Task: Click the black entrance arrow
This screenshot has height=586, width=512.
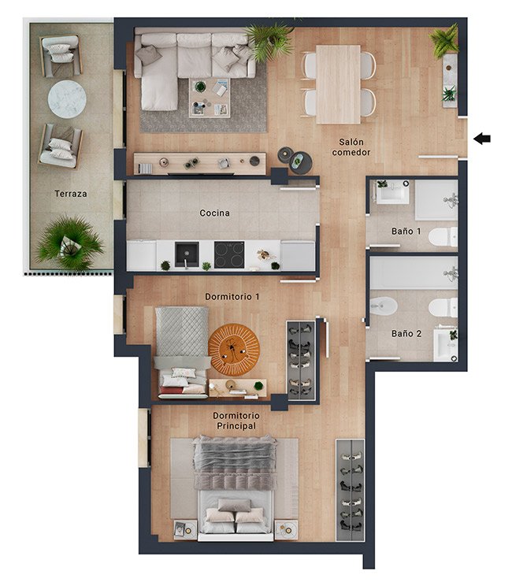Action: click(x=482, y=139)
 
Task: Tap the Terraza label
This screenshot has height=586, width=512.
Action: click(x=71, y=194)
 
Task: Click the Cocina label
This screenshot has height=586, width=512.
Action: click(x=214, y=213)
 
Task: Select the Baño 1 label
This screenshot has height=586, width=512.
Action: click(x=406, y=232)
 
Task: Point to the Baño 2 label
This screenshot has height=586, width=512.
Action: click(x=406, y=333)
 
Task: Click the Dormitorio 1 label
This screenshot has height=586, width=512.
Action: click(x=232, y=297)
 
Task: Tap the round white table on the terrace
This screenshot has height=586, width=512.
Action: click(x=67, y=99)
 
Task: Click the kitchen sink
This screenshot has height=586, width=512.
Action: click(x=187, y=254)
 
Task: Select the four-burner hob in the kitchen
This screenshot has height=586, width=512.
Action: click(x=229, y=254)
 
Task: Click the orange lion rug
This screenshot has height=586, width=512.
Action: click(x=234, y=350)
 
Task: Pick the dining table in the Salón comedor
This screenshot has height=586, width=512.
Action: click(x=338, y=84)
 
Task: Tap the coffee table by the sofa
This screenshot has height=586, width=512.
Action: click(x=210, y=98)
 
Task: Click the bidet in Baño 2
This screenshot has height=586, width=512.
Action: click(x=383, y=306)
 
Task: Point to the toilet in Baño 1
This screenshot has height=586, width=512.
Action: click(x=443, y=237)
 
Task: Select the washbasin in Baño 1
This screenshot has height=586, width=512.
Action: click(x=392, y=192)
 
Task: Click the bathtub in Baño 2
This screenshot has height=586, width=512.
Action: click(x=414, y=273)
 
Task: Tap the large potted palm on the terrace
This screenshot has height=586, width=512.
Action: click(x=69, y=243)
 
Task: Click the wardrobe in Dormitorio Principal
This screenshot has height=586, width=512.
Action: click(x=351, y=490)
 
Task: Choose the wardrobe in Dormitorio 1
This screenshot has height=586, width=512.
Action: click(x=301, y=360)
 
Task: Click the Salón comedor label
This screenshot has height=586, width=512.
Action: click(x=351, y=146)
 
